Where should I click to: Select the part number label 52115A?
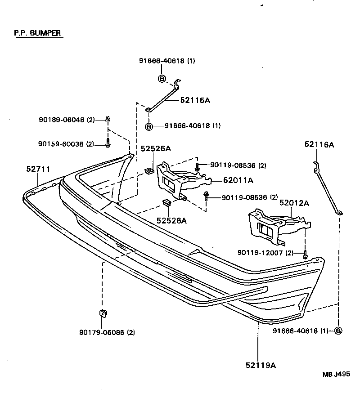coord(195,100)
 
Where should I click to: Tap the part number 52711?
coord(38,169)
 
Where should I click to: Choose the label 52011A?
coord(238,180)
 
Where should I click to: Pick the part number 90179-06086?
coord(102,333)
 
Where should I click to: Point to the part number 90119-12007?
coord(260,253)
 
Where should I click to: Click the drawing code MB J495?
coord(336,374)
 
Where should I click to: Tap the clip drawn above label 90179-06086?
coord(103,313)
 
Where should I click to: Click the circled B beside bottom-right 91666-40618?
coord(338,331)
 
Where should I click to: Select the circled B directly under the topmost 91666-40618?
coord(162,79)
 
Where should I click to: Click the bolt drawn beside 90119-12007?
coord(306,255)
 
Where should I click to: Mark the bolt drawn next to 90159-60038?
coord(108,144)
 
